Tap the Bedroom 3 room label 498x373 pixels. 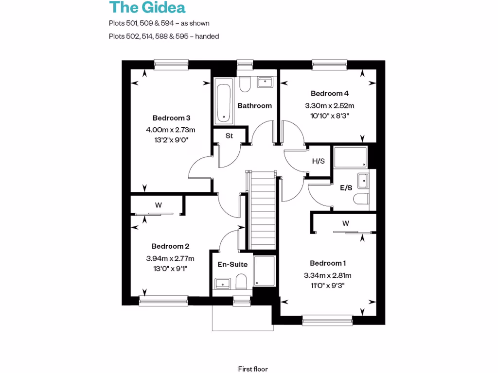[x=171, y=118]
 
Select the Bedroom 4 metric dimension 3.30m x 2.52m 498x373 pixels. [x=330, y=105]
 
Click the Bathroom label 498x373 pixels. [x=254, y=105]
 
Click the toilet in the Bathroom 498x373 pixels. [x=244, y=83]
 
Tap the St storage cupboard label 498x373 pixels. [x=229, y=136]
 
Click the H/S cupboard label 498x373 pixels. [x=318, y=161]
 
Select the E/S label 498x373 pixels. [x=346, y=187]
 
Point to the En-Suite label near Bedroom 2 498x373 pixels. [x=232, y=265]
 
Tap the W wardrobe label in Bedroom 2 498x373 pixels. [x=158, y=205]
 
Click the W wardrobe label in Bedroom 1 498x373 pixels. [x=346, y=224]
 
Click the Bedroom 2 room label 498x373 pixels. [x=170, y=246]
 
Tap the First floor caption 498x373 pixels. [x=253, y=369]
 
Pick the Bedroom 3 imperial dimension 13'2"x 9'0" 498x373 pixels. [x=170, y=140]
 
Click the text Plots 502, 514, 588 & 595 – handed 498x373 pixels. [x=164, y=36]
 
